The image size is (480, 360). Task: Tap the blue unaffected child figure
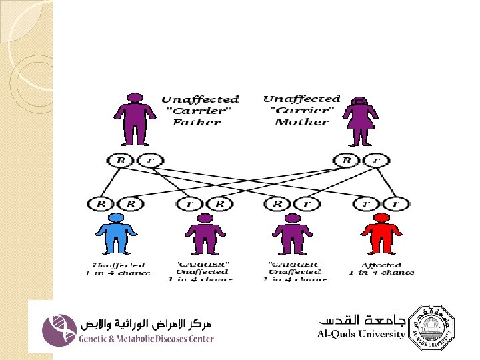[116, 233]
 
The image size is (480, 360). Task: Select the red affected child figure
[381, 233]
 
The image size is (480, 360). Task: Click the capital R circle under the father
[121, 160]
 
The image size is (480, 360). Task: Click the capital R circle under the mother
[347, 160]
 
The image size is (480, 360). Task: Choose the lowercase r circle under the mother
[376, 160]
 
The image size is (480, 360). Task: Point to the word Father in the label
[197, 122]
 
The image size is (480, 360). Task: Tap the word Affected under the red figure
[381, 265]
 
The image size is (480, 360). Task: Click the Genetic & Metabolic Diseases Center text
[147, 339]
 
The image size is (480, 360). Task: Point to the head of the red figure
[381, 217]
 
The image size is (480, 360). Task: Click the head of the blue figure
[116, 217]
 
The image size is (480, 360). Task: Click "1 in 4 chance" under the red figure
[381, 272]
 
